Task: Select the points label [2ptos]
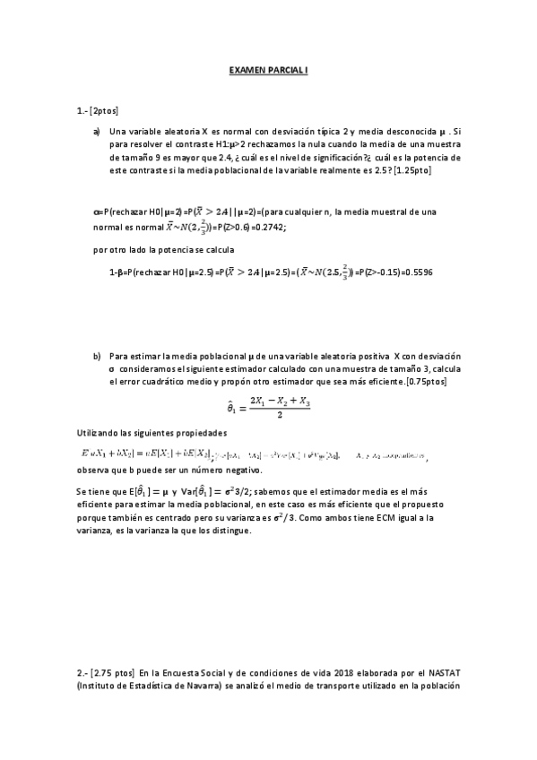tap(105, 110)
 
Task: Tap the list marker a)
tap(97, 132)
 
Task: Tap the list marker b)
tap(97, 356)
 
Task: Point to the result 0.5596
tap(417, 272)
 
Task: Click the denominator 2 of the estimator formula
tap(281, 415)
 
